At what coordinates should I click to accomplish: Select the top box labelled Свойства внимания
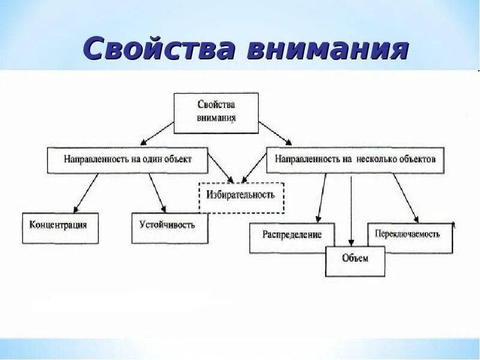[216, 113]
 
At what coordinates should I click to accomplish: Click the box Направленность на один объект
[128, 160]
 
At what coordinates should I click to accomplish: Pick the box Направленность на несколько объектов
[355, 160]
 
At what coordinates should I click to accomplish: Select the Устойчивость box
[170, 227]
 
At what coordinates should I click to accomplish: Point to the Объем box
[355, 260]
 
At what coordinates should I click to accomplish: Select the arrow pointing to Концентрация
[84, 193]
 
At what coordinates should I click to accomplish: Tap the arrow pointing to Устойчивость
[157, 193]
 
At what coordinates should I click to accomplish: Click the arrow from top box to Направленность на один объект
[156, 134]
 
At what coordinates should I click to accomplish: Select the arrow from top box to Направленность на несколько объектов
[275, 134]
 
